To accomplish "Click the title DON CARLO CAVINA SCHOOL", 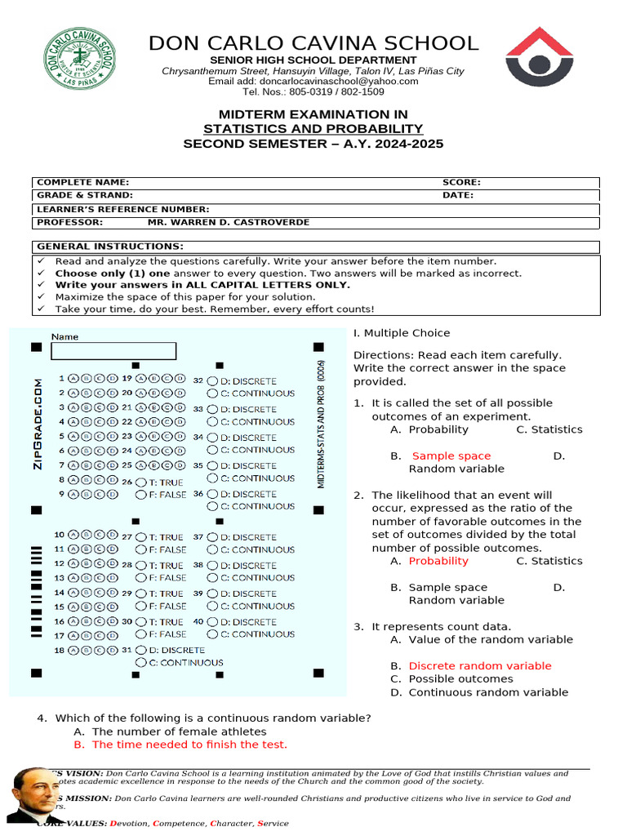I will (313, 43).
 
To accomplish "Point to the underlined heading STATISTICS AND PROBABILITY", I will (313, 129).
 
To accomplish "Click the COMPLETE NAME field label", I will (82, 183).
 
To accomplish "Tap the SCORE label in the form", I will (461, 183).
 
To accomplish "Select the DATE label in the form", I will (457, 196).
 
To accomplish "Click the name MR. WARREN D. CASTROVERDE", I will (228, 222).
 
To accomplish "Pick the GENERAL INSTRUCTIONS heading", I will (110, 247).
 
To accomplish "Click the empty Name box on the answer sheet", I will (113, 351).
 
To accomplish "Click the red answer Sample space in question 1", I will (451, 456).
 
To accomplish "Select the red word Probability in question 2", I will (438, 562).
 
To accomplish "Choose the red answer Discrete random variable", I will (480, 666).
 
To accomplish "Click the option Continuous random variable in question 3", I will (488, 692).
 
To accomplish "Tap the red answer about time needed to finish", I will (189, 745).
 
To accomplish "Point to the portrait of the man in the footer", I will (32, 795).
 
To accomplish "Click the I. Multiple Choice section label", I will (401, 333).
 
